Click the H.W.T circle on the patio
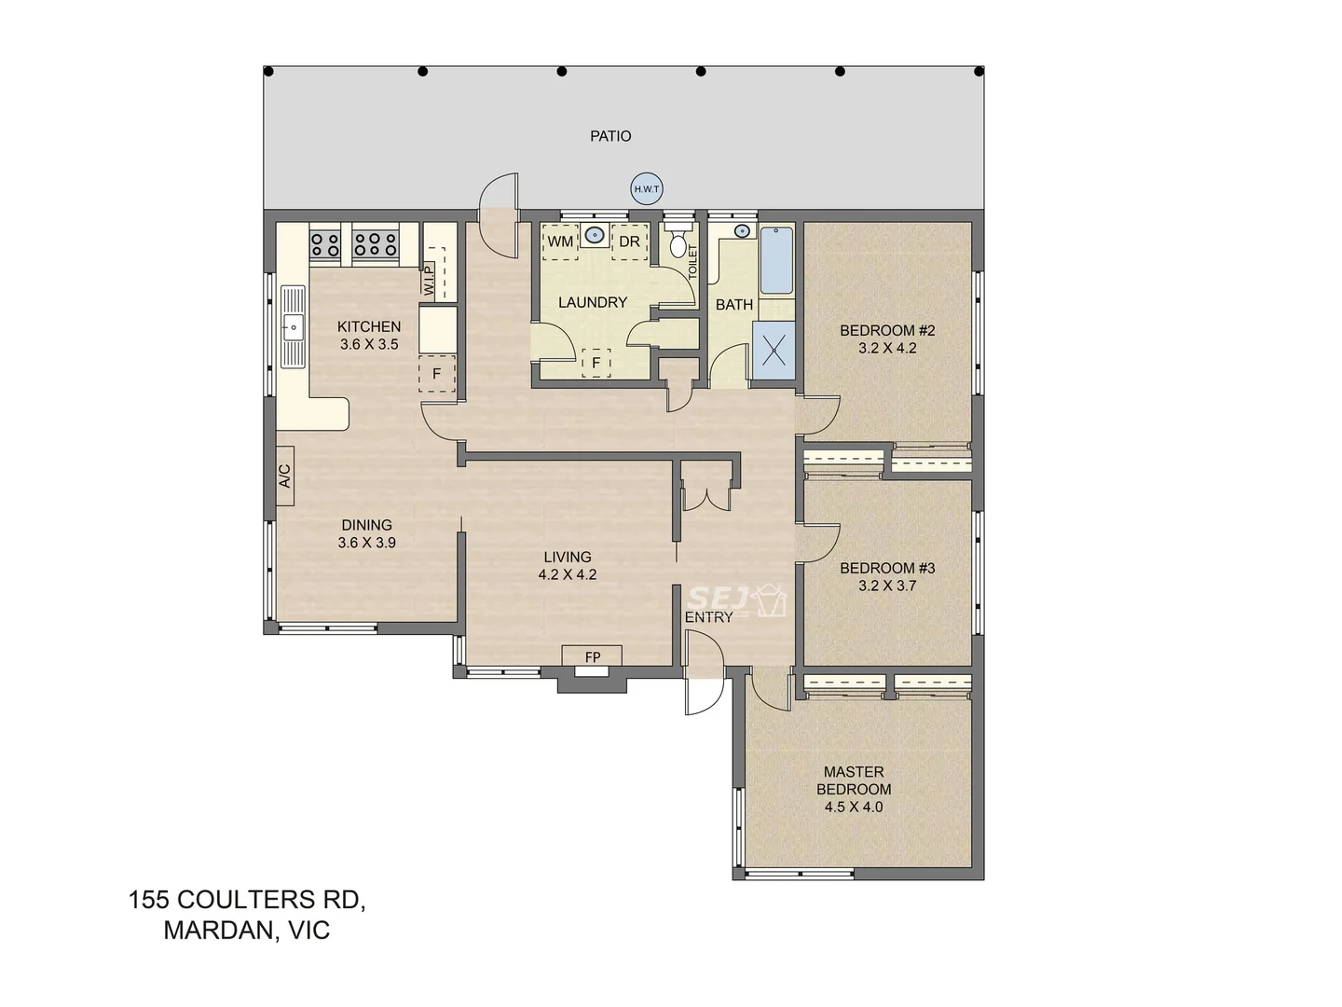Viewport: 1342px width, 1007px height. point(646,189)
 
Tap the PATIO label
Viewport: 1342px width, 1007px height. point(610,136)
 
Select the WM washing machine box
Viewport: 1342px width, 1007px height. point(560,241)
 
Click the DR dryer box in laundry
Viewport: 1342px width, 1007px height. point(630,241)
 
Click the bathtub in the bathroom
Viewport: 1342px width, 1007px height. point(776,260)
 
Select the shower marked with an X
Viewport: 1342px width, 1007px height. point(774,351)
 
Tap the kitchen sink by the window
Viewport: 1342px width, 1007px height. point(293,326)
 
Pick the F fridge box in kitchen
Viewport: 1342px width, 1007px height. point(436,375)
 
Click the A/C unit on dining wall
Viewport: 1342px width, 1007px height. point(285,476)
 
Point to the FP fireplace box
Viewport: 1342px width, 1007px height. point(593,657)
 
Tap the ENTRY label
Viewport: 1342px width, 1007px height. point(708,617)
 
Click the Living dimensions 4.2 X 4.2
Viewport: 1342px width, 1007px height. point(567,575)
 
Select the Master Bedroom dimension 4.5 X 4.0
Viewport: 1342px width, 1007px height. point(853,807)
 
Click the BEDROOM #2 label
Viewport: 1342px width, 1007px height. point(886,330)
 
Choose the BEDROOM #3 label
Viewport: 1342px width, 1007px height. point(886,568)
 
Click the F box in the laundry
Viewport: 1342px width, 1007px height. point(596,362)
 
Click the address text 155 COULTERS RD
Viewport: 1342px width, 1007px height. point(247,900)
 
